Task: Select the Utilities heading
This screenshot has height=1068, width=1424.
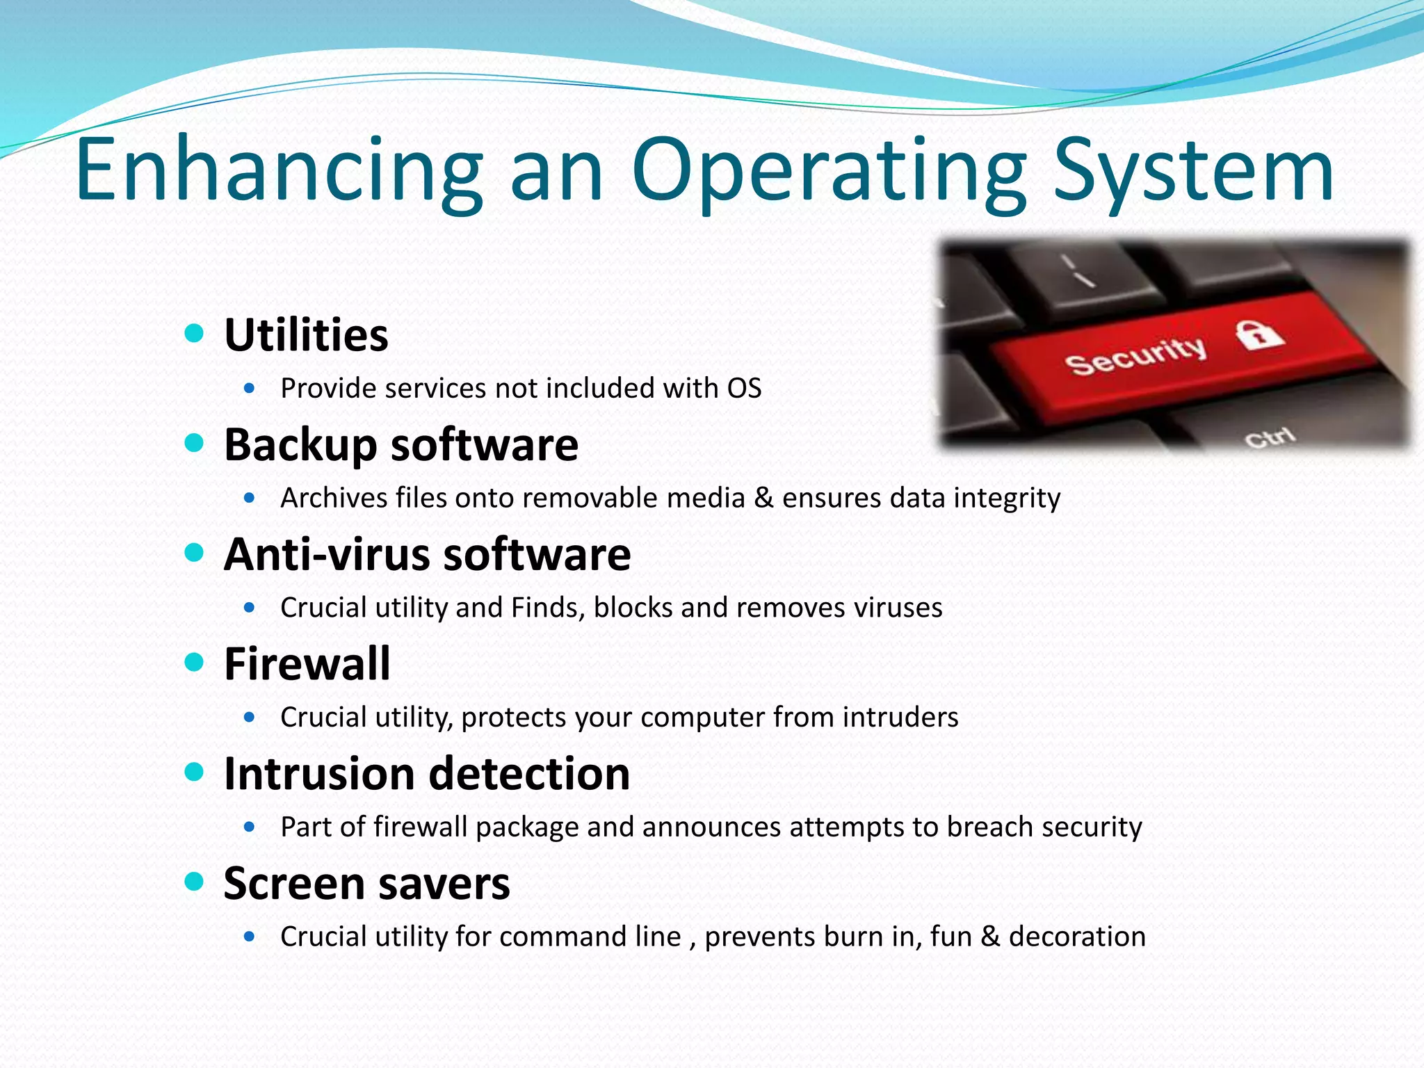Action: (306, 335)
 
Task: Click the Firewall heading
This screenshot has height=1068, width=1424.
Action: (307, 663)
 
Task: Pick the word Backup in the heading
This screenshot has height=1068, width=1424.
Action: (300, 445)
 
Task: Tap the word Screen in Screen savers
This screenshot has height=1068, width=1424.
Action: (293, 884)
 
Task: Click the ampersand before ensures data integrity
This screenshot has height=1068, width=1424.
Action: (763, 498)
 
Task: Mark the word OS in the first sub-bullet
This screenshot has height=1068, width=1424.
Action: (744, 388)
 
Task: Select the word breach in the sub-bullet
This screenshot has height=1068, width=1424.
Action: (989, 827)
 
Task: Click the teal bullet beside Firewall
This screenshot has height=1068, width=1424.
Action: (195, 662)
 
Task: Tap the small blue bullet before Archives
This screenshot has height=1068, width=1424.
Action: (250, 498)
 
